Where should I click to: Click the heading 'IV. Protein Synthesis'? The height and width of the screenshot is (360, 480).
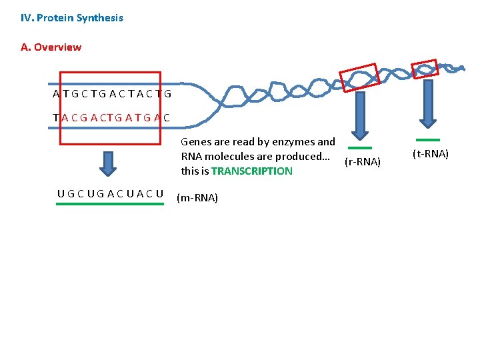click(x=72, y=18)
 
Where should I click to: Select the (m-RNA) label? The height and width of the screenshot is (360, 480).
click(x=197, y=198)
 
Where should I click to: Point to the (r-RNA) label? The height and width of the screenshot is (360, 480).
click(x=363, y=162)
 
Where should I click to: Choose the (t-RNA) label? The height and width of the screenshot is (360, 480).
click(x=431, y=154)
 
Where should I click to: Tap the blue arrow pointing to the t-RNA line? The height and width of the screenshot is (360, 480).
click(x=427, y=103)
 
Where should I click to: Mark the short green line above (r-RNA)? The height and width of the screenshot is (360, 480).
click(x=361, y=148)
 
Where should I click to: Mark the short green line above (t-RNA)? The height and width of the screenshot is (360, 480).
click(x=427, y=140)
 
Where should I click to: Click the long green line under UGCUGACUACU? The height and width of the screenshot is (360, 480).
click(x=110, y=205)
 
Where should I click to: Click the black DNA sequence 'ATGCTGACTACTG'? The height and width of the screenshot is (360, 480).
click(x=112, y=94)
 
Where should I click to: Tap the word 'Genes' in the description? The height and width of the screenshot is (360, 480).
click(x=195, y=142)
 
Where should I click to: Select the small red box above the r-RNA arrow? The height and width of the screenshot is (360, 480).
click(x=359, y=77)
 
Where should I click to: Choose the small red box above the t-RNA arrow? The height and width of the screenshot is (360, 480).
click(x=424, y=69)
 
